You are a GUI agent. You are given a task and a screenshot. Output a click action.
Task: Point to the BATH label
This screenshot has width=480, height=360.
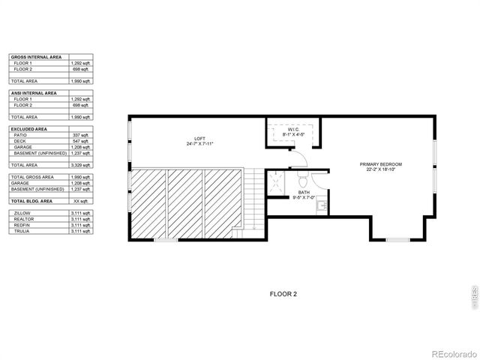coord(303,192)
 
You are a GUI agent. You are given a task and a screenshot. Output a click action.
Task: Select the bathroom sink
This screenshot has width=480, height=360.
coord(320,203)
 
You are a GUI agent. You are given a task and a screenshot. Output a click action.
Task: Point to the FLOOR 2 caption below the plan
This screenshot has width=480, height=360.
coord(283,294)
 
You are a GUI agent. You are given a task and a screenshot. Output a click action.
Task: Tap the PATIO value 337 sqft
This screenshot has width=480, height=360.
coord(79,135)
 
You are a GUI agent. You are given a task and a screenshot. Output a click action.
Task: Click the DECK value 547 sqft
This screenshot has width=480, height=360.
coord(79,141)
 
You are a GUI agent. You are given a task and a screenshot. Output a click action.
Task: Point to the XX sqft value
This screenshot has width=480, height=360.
coord(80,202)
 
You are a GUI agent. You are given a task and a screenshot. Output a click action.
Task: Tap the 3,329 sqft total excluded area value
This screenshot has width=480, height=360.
coord(79,164)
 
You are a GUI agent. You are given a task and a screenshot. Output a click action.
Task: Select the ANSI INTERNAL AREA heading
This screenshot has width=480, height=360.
coord(34,93)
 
